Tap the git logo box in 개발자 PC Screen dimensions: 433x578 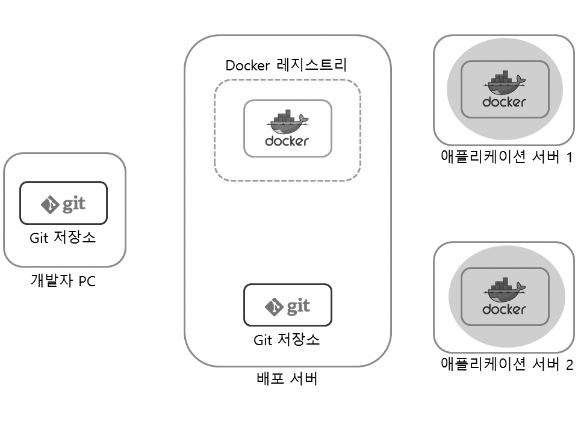coord(63,203)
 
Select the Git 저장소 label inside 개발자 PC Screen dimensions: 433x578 coord(63,238)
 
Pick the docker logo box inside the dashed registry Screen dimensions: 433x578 coord(287,128)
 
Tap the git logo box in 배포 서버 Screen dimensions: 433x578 coord(287,306)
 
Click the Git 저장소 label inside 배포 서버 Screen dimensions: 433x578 coord(287,340)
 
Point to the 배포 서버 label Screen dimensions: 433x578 coord(287,379)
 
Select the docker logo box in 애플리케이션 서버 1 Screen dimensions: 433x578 coord(505,89)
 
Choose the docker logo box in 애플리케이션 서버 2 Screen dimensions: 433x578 coord(505,296)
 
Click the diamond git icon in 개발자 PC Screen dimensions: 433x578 coord(49,204)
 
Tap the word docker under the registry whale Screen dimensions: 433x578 coord(287,141)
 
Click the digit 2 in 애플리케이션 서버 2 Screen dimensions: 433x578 coord(569,365)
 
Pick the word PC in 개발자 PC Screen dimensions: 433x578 coord(87,281)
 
